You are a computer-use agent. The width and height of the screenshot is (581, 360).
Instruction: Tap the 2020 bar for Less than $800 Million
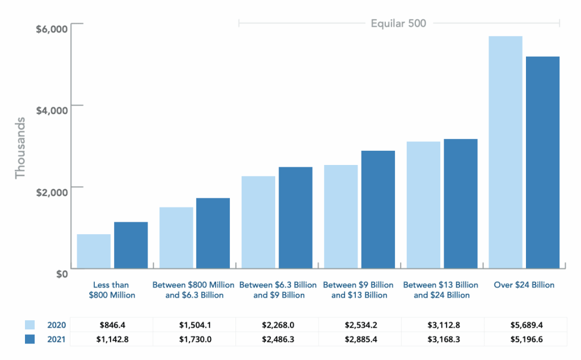[x=94, y=251]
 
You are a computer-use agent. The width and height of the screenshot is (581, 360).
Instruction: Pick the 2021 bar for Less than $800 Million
[x=131, y=245]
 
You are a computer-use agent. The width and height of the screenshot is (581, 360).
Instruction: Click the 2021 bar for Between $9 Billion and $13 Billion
[x=378, y=209]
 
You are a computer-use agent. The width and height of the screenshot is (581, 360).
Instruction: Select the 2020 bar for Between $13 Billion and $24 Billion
[x=423, y=205]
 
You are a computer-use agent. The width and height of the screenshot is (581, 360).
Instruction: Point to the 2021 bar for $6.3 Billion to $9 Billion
[x=295, y=217]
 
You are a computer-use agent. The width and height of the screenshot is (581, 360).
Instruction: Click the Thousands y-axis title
[x=20, y=148]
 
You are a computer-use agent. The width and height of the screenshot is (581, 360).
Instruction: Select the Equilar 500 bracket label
[x=398, y=23]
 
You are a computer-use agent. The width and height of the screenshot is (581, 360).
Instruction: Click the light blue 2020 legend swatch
[x=30, y=325]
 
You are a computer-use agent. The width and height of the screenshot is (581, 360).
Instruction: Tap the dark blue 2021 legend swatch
[x=30, y=339]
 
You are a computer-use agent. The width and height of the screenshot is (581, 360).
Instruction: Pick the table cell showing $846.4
[x=112, y=325]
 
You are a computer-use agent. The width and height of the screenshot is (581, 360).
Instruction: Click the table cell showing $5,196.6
[x=525, y=339]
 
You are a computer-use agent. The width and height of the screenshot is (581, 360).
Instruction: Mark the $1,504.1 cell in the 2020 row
[x=195, y=325]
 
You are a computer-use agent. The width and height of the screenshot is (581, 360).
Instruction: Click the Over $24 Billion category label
[x=524, y=285]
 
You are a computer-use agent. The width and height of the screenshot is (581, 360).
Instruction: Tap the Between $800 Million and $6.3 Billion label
[x=193, y=290]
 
